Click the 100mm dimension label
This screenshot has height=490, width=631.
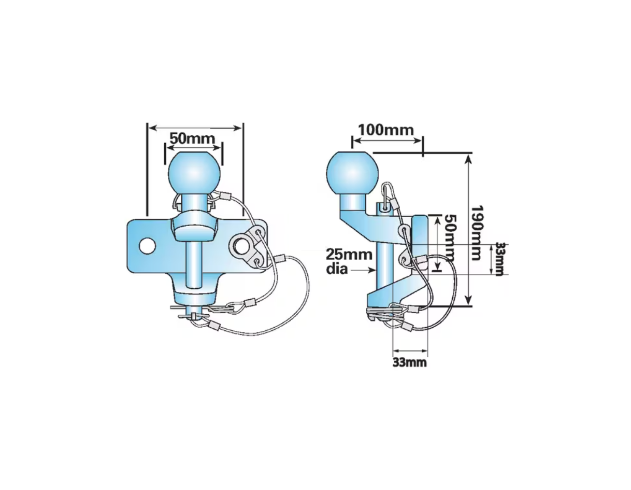point(386,130)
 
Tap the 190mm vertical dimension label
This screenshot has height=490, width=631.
point(476,233)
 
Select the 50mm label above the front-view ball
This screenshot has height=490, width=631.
point(192,138)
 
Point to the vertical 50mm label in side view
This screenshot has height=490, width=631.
point(450,238)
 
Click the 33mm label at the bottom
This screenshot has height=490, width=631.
point(410,362)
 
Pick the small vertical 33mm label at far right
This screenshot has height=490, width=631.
point(499,259)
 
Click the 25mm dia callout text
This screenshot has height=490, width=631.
point(349,261)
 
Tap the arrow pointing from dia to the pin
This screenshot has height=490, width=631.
point(363,270)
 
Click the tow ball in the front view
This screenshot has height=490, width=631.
point(194,174)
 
